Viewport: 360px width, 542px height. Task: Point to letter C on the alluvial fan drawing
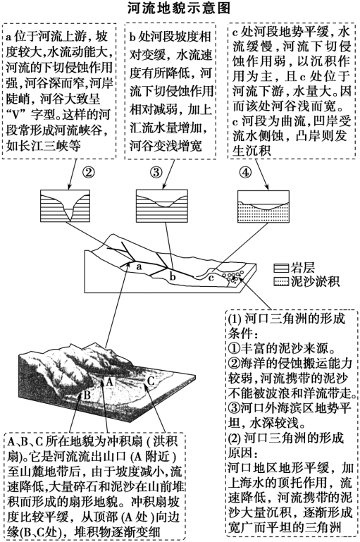pyautogui.click(x=149, y=381)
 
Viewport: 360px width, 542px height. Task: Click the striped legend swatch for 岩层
pyautogui.click(x=280, y=268)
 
